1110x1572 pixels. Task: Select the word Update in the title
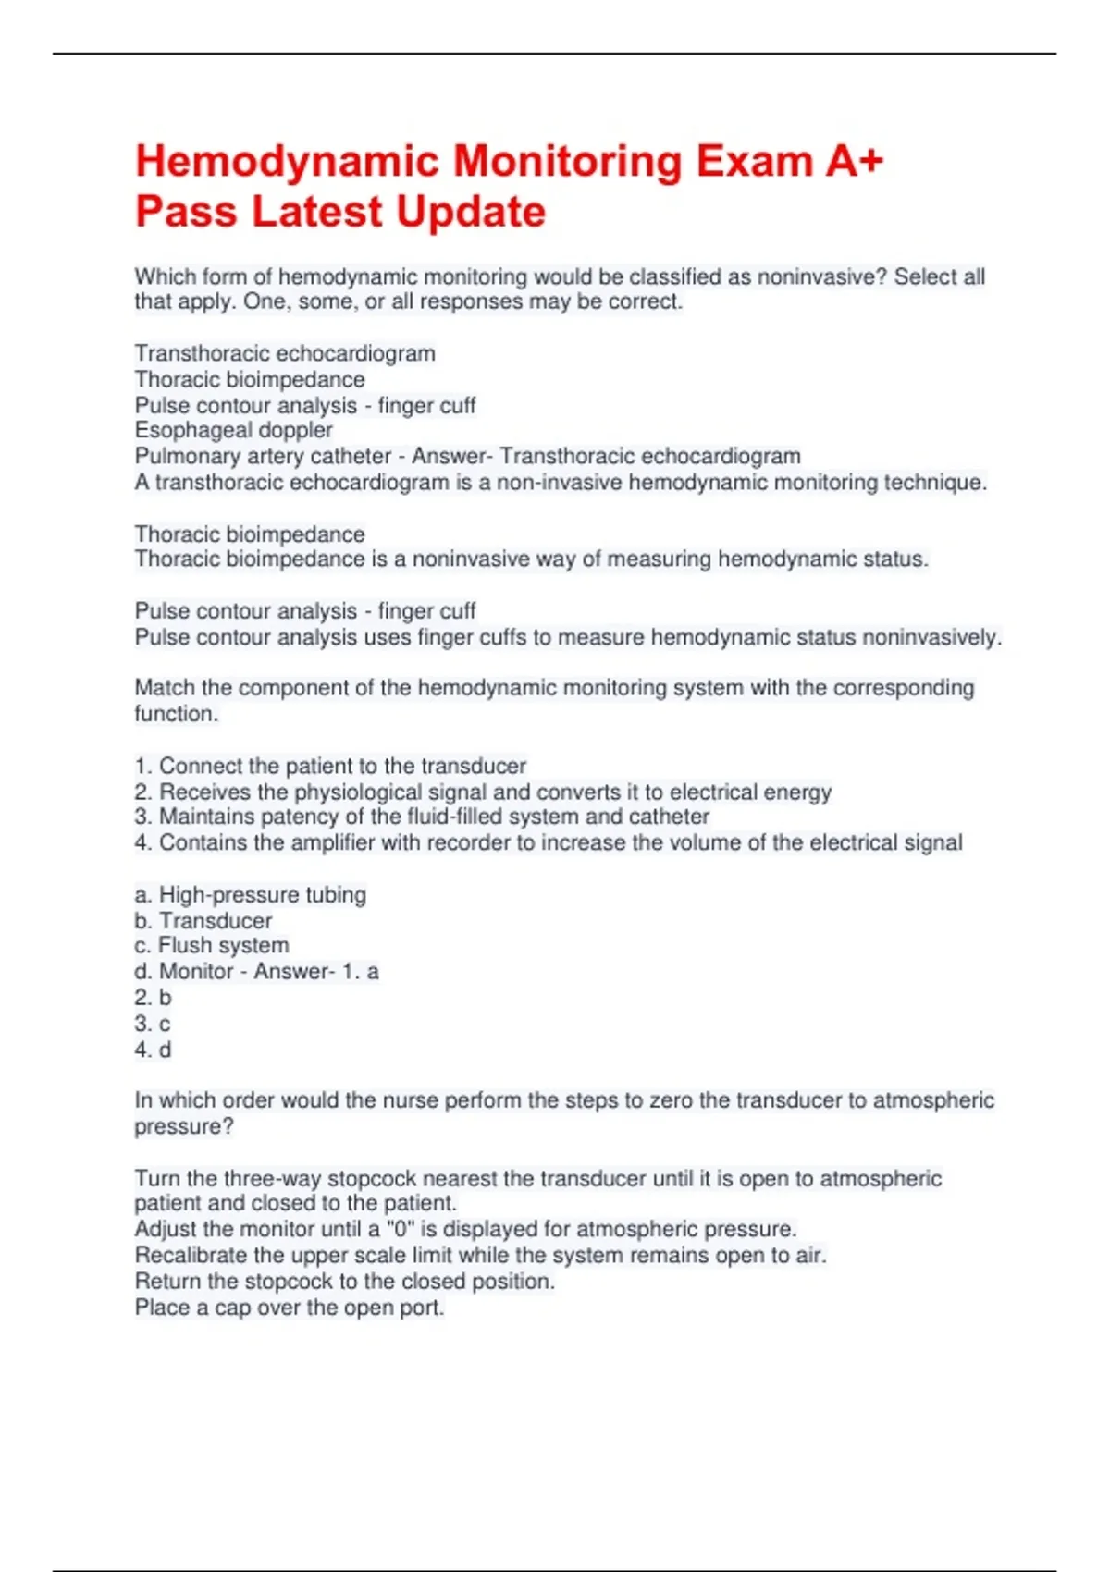point(471,212)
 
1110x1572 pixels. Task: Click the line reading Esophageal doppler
point(233,430)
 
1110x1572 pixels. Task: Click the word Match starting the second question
point(165,688)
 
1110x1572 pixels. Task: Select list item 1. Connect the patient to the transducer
point(330,766)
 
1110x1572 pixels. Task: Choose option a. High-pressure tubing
point(250,894)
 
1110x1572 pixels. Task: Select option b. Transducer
point(203,921)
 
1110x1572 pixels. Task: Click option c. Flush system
point(212,945)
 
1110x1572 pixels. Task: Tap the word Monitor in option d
point(196,971)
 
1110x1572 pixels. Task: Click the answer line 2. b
point(153,998)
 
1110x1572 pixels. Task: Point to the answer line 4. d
point(153,1050)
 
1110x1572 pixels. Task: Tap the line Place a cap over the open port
point(290,1308)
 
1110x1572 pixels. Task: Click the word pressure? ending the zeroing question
point(184,1126)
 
